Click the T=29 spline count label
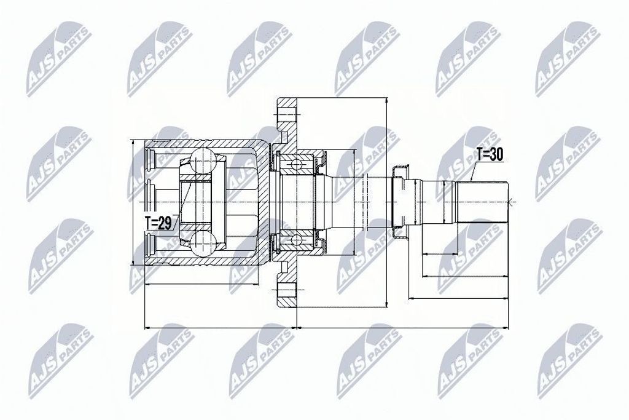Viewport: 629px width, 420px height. tap(158, 223)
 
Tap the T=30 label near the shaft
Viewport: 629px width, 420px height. tap(490, 154)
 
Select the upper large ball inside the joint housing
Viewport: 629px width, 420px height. tap(203, 160)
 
